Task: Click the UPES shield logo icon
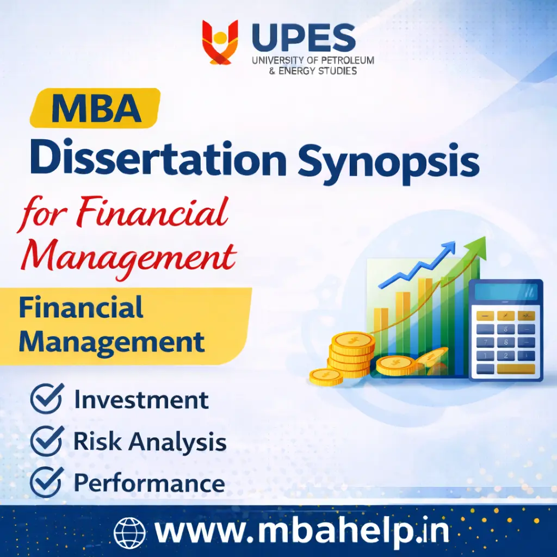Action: click(220, 42)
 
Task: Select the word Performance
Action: click(149, 483)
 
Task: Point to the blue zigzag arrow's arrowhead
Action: click(449, 249)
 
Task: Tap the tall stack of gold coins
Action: click(352, 354)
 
